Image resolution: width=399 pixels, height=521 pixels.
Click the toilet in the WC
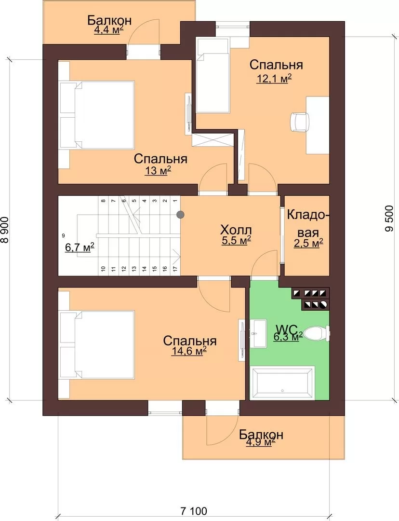tap(317, 332)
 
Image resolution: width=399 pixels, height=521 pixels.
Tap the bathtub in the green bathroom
tap(282, 384)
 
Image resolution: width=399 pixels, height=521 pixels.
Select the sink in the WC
tap(258, 333)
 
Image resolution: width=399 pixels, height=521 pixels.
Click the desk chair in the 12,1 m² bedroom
tap(299, 122)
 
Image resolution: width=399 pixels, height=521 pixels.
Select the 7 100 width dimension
tap(194, 511)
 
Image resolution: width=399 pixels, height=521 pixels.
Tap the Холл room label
tap(236, 230)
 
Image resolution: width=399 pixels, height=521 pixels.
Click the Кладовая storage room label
tap(308, 223)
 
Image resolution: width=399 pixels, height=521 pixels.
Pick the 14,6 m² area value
tap(189, 351)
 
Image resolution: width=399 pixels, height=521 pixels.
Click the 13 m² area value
tap(158, 170)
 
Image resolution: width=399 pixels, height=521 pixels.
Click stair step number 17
tap(175, 269)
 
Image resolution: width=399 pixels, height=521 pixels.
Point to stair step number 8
tap(103, 201)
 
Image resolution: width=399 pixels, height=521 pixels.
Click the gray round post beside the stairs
tap(180, 215)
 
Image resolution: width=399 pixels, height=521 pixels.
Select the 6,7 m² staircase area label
tap(80, 247)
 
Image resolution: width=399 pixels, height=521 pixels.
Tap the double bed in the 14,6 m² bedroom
tap(97, 345)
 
